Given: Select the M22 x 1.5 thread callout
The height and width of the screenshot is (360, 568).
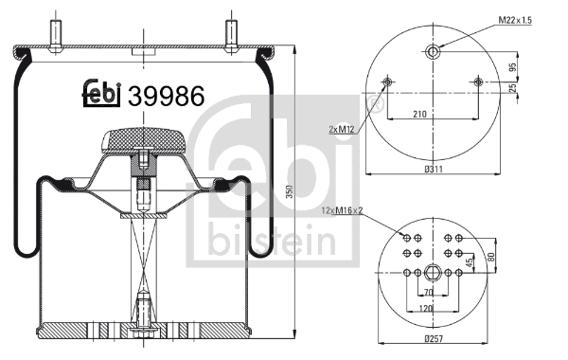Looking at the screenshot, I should [517, 20].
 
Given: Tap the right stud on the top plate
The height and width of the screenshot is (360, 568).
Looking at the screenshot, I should [230, 31].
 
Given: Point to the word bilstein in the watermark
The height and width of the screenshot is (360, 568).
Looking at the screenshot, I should [251, 240].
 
